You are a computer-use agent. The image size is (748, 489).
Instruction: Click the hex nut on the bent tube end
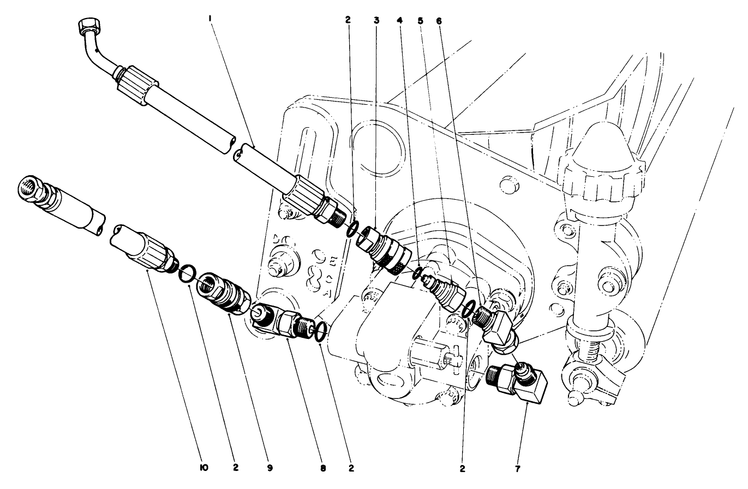point(88,26)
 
